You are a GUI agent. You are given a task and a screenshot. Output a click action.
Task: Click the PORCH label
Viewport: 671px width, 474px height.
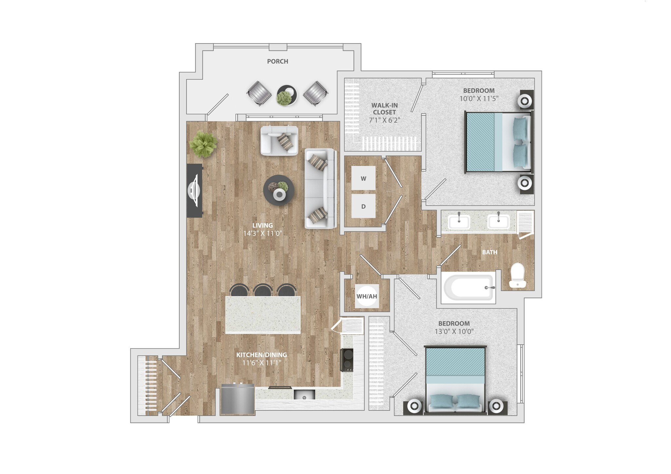point(277,61)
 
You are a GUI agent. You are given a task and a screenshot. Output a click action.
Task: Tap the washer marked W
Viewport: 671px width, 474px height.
point(363,179)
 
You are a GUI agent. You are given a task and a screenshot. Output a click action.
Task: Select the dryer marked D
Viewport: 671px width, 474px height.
point(363,206)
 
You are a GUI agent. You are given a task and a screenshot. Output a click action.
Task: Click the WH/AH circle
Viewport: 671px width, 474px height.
point(367,296)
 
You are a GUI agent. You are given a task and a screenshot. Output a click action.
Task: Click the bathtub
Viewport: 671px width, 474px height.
point(468,287)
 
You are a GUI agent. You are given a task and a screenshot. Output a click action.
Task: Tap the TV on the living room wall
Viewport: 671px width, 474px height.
point(194,190)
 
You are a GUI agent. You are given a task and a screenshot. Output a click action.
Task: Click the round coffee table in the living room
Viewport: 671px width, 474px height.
point(278,190)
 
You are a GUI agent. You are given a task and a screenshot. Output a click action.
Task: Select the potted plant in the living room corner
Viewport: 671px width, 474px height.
point(203,144)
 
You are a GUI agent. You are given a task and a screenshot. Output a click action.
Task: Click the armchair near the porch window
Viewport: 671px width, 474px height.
point(279,141)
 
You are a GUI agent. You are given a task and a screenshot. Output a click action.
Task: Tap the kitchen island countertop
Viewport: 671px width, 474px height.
point(263,314)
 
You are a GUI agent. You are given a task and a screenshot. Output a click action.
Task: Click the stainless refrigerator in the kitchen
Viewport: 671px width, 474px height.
point(238,399)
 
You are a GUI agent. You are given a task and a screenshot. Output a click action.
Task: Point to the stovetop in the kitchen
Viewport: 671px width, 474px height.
point(347,360)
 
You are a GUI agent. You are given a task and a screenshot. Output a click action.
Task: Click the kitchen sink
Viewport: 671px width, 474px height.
point(304,395)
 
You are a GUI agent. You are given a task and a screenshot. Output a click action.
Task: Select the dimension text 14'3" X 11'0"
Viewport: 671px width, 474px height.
point(262,233)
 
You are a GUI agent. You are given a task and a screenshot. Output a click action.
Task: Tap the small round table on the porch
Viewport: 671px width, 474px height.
point(287,95)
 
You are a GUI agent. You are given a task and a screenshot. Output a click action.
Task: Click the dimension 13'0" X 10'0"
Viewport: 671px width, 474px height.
point(454,331)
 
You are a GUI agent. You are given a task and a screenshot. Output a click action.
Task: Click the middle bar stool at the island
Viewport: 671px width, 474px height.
point(263,290)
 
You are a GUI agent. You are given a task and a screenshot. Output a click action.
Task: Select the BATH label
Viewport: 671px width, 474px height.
point(489,252)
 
